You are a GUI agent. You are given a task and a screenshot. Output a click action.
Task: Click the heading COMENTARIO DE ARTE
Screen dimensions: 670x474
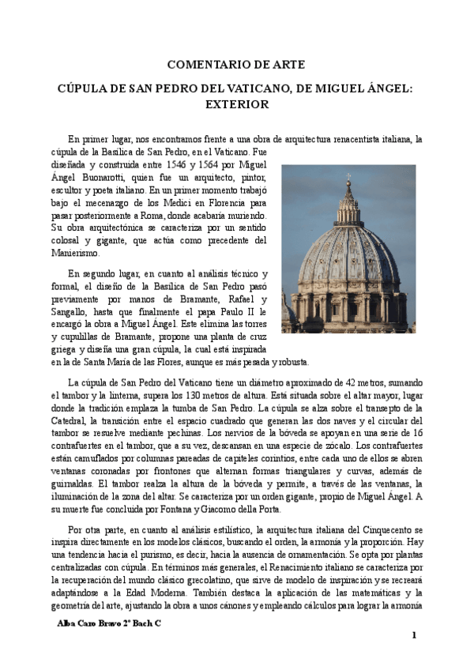[x=237, y=65]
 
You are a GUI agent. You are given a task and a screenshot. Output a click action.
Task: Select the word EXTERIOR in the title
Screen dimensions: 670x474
[x=237, y=104]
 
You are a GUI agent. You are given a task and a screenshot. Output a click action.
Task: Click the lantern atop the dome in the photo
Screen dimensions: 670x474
[x=348, y=207]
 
